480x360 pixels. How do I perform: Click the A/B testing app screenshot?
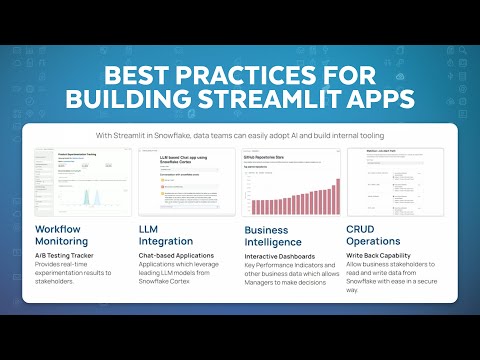click(x=80, y=182)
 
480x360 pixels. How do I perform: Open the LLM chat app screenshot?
click(x=186, y=182)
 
